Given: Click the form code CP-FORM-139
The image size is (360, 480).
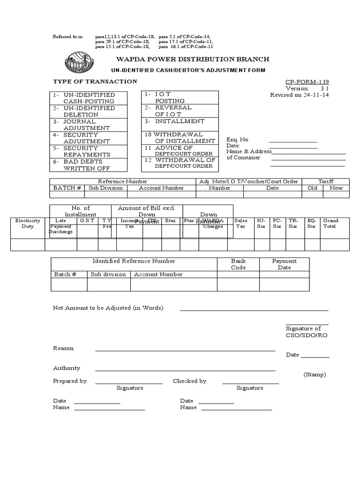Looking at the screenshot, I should [x=307, y=82].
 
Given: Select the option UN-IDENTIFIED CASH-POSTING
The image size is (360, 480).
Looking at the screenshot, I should [x=83, y=98].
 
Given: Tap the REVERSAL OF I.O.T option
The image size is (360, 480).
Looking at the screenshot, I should [x=173, y=111].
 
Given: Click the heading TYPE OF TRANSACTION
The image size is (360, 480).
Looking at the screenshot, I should [x=95, y=82].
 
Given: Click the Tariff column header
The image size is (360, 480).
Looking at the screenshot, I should [x=326, y=181].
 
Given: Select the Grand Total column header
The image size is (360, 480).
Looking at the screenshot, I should [x=330, y=223].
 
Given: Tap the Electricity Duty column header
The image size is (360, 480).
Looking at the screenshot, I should [x=28, y=223].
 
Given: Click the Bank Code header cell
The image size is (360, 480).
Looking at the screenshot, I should [x=238, y=264].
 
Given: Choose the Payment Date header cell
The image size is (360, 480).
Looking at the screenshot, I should [x=284, y=264].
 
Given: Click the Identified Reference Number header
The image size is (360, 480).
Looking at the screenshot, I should [x=134, y=261].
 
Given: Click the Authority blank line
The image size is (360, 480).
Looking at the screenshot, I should [x=185, y=370].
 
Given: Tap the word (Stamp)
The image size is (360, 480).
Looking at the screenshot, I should [x=315, y=375].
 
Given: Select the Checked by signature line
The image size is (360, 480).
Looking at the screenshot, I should [x=250, y=383].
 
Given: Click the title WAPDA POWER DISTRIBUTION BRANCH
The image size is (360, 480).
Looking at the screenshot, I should [x=189, y=59].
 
